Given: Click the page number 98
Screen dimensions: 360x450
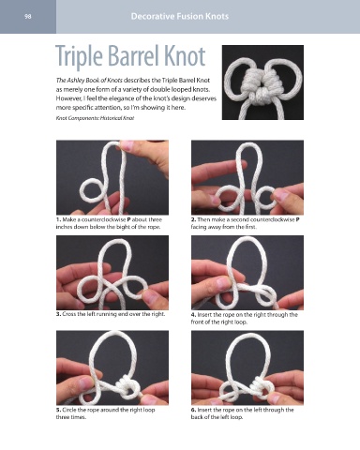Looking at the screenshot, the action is pos(28,17).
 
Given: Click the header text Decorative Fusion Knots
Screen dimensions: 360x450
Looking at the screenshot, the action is pos(180,16).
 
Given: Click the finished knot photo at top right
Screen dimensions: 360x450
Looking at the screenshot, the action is pos(262,82).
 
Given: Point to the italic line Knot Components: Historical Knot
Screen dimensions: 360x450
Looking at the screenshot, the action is pos(95,118).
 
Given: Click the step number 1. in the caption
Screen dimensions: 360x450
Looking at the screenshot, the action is pos(58,219).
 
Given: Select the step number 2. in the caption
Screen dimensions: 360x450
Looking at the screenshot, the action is pos(193,219).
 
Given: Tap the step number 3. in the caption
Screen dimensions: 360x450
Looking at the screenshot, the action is pos(58,314).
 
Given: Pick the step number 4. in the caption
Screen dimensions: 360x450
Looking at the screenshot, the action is pos(193,315).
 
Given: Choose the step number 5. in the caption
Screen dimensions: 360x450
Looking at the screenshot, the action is pos(58,410).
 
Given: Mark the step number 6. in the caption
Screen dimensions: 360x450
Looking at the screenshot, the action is pos(193,410).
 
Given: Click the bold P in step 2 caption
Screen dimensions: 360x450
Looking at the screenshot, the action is pos(297,219).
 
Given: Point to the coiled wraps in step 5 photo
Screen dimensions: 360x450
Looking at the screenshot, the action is pos(127,387).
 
